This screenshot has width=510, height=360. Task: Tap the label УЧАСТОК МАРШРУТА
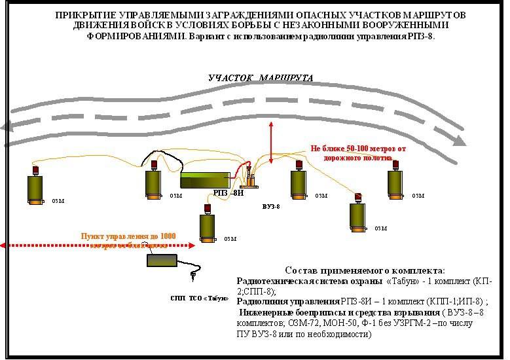coord(261,78)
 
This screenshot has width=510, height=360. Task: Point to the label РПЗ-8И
coord(228,193)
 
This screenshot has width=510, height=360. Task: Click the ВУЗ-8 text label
coord(270,206)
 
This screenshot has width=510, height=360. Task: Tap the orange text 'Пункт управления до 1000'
coord(128,236)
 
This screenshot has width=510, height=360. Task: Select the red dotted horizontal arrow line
coord(98,245)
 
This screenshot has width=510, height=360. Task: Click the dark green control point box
coord(166,260)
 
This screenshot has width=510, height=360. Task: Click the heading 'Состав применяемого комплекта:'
coord(365,270)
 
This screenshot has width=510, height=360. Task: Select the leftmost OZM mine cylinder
coord(35,188)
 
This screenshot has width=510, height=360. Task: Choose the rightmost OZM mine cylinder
coord(394,186)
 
